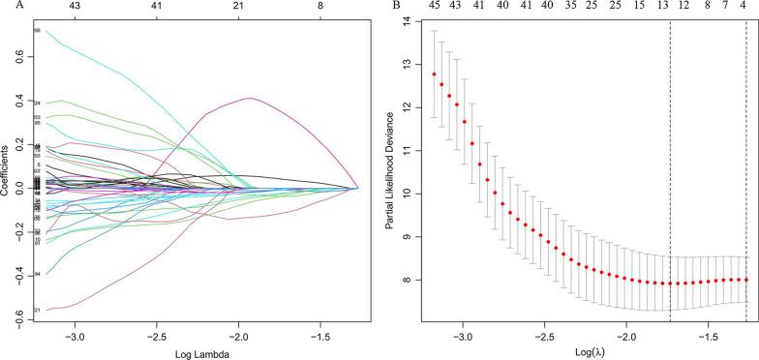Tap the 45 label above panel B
tap(434, 7)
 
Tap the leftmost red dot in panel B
tap(435, 75)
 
